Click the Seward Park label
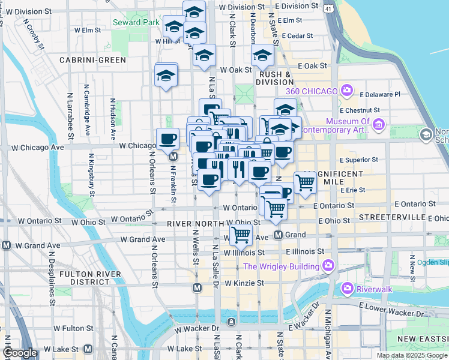tap(136, 23)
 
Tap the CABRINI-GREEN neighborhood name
tap(92, 60)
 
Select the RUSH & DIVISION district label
tap(274, 78)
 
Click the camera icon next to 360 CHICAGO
tap(346, 91)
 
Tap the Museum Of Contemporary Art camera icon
tap(378, 125)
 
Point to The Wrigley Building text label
tap(281, 266)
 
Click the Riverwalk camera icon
tap(347, 289)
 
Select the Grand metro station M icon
tap(279, 235)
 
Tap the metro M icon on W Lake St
tap(88, 349)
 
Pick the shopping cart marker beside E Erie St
tap(306, 182)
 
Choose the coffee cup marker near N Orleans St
tap(167, 139)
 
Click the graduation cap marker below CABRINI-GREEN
tap(166, 76)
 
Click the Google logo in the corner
tap(20, 353)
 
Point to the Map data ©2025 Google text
tap(411, 355)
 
